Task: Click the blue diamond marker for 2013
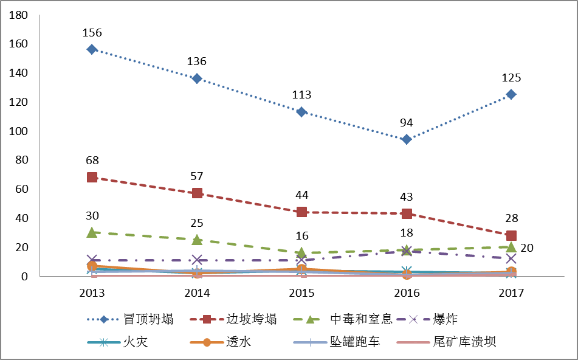point(92,49)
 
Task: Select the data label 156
point(92,33)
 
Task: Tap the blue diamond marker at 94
point(407,139)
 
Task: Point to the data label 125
point(511,78)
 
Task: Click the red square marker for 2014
point(197,193)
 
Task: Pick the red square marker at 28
point(511,235)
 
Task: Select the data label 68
point(92,161)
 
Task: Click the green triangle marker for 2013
point(92,232)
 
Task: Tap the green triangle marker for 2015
point(301,252)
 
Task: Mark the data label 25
point(197,223)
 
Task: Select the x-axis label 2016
point(407,292)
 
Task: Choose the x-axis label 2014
point(197,292)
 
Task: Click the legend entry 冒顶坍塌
point(149,319)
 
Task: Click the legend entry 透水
point(238,342)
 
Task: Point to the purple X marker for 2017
point(511,258)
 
